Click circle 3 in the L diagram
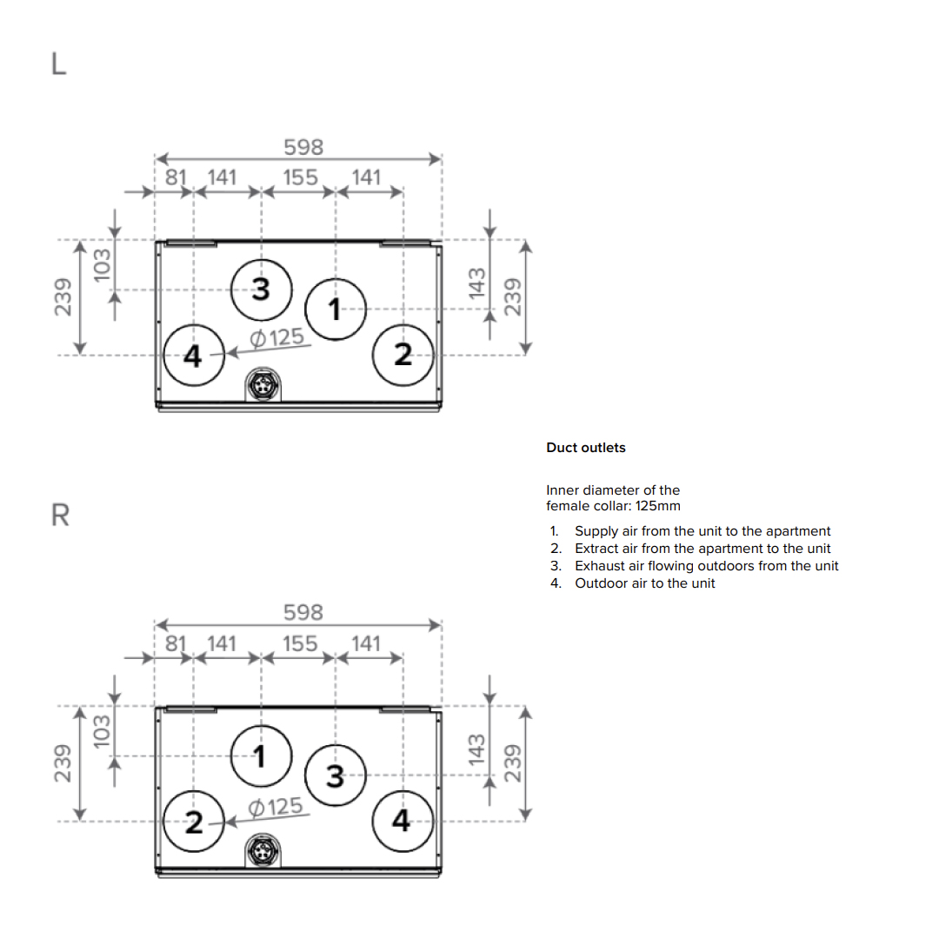tap(261, 289)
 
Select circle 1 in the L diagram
tap(336, 308)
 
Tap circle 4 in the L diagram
tap(194, 355)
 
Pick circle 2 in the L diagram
tap(402, 355)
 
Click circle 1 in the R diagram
tap(261, 755)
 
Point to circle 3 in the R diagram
tap(336, 775)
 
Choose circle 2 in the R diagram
tap(194, 821)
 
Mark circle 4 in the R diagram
tap(402, 821)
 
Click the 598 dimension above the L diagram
tap(303, 148)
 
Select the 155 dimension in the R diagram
tap(300, 643)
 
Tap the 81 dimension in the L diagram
tap(176, 177)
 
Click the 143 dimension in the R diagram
tap(476, 749)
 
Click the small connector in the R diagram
tap(261, 850)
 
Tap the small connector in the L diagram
tap(261, 384)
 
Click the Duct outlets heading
tap(585, 448)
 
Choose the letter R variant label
tap(60, 516)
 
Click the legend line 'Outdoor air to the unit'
tap(644, 583)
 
